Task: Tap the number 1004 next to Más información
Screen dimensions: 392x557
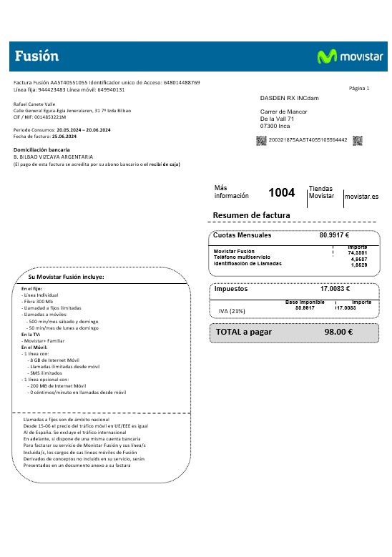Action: click(281, 192)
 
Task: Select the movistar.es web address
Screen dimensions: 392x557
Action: click(361, 196)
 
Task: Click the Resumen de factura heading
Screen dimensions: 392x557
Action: click(251, 215)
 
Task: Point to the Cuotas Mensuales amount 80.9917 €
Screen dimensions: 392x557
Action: click(334, 235)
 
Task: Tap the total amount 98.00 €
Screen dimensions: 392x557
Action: click(338, 332)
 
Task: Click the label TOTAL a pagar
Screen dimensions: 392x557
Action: click(245, 332)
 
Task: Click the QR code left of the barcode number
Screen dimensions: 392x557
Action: click(261, 140)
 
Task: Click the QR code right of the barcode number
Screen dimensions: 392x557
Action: click(357, 140)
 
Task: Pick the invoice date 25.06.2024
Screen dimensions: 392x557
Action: click(64, 136)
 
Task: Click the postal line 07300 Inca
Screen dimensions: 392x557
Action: click(279, 126)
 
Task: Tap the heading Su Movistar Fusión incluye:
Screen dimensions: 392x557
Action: click(67, 277)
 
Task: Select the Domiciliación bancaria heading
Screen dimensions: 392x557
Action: click(41, 149)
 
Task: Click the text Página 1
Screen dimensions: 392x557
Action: click(359, 88)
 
